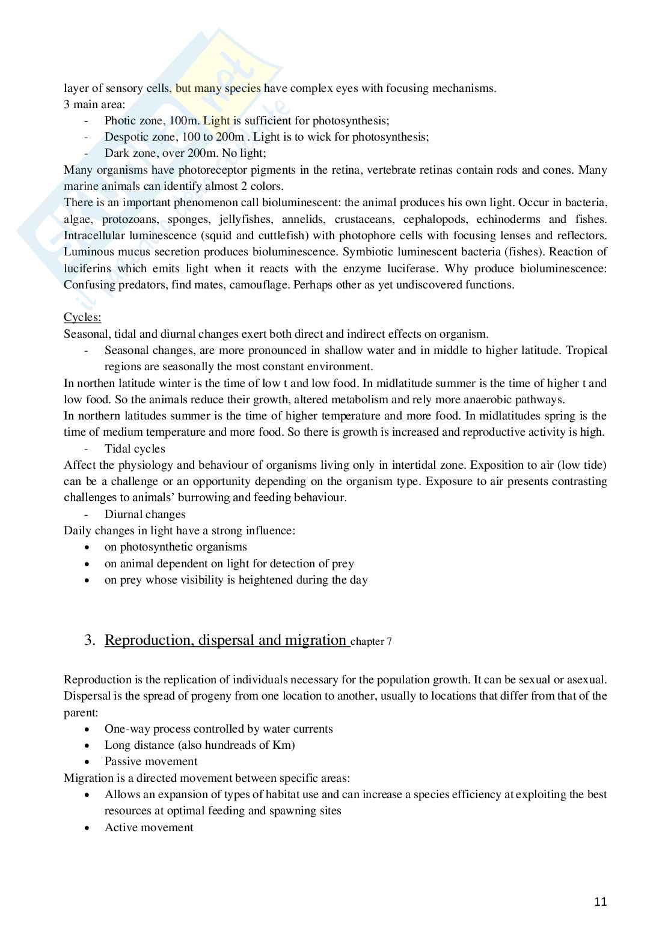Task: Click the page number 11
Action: (x=600, y=902)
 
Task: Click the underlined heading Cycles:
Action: (x=82, y=317)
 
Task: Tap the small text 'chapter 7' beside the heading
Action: (x=371, y=642)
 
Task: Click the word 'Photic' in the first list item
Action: (x=120, y=121)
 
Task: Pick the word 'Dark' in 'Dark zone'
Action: (x=116, y=153)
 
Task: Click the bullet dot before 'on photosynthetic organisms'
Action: (x=89, y=548)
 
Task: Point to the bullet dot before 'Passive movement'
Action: (x=89, y=762)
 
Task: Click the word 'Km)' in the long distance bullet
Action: (x=284, y=745)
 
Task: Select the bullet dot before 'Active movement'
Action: (x=89, y=828)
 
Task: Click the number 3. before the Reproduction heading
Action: (x=90, y=640)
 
